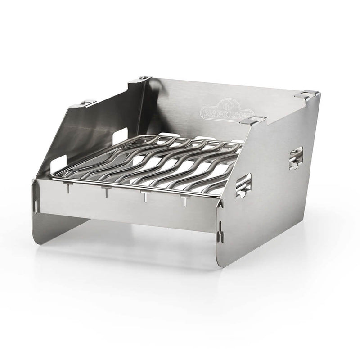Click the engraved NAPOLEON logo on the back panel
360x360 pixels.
pyautogui.click(x=227, y=109)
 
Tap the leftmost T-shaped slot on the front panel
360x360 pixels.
pyautogui.click(x=68, y=188)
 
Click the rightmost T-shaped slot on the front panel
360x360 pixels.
pyautogui.click(x=185, y=201)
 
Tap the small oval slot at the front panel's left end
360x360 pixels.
pyautogui.click(x=36, y=204)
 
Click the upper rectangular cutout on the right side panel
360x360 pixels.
pyautogui.click(x=296, y=158)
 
